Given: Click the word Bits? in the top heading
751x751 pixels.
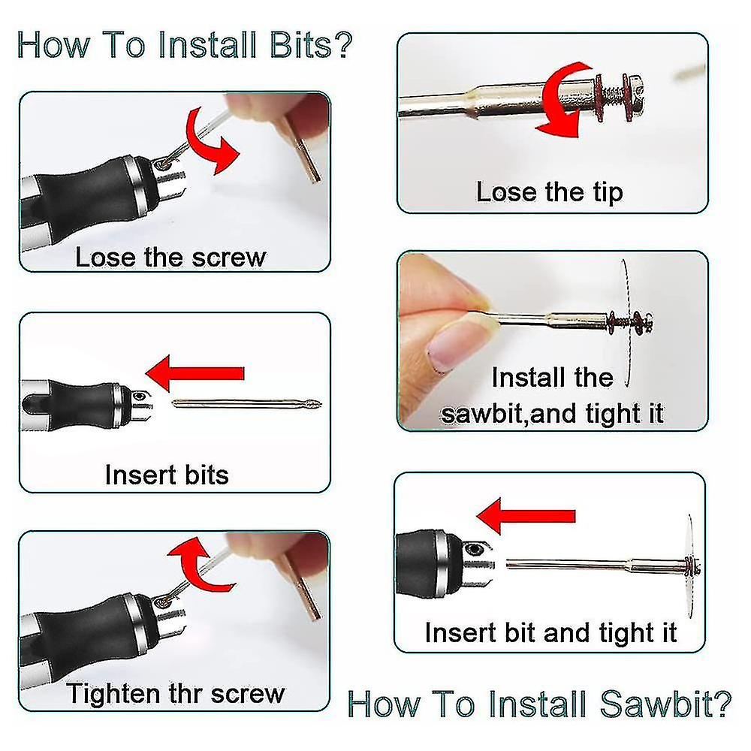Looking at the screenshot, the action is [311, 45].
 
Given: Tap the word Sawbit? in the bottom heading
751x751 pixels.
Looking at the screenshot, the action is [665, 704].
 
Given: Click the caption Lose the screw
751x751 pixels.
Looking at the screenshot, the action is [170, 257].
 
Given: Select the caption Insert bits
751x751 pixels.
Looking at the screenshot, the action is [167, 475].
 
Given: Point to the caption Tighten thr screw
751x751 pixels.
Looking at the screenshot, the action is [175, 693].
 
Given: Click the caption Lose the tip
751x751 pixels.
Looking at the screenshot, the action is [550, 192].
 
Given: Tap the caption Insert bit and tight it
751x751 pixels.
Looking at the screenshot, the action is [550, 632].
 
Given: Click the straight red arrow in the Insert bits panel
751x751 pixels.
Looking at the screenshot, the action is [195, 373].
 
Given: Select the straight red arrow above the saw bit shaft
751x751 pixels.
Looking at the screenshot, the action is [526, 515].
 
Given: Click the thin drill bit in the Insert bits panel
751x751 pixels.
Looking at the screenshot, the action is [246, 404].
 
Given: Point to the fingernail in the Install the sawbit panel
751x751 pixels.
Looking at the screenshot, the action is [451, 345].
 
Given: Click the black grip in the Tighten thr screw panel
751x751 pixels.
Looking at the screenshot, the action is [81, 636].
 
